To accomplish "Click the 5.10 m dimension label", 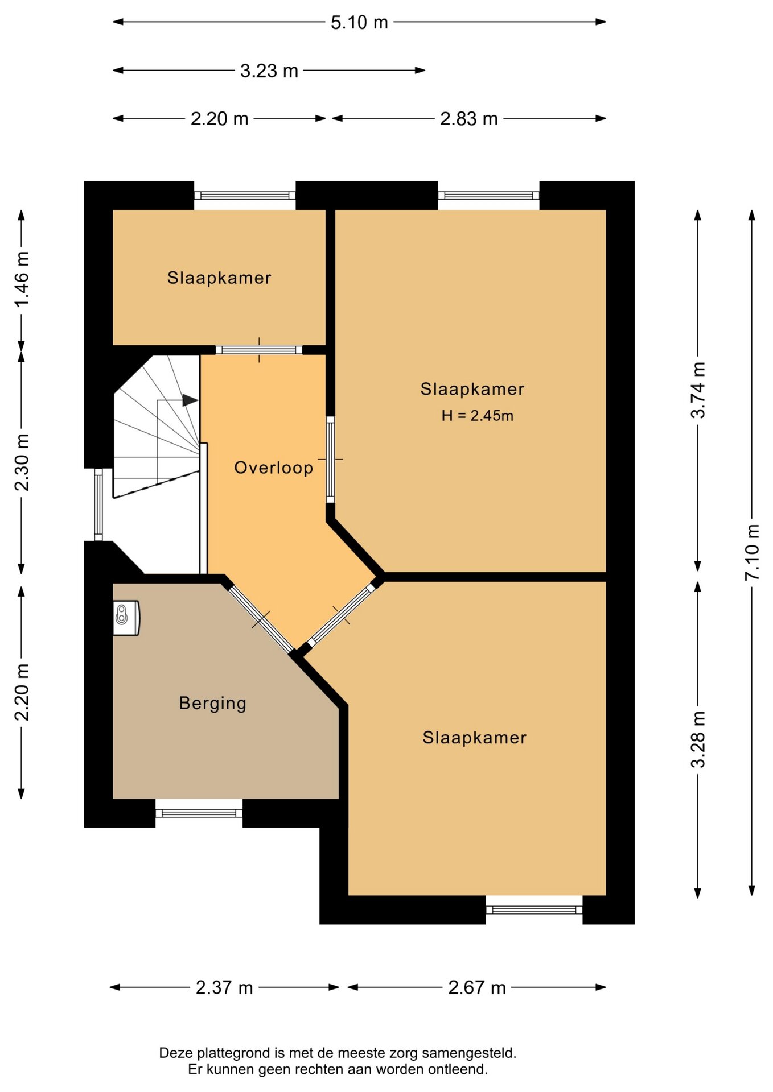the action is tap(359, 22).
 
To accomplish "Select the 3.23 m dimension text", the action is tap(269, 71).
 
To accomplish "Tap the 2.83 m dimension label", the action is tap(469, 118).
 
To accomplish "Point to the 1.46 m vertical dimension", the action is tap(22, 279).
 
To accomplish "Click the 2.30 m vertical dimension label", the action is tap(22, 462).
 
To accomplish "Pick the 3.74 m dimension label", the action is tap(698, 390).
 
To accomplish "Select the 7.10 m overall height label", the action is tap(752, 552).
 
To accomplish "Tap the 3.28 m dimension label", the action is tap(698, 739).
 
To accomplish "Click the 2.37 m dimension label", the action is tap(224, 987).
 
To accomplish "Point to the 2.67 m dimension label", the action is tap(477, 987).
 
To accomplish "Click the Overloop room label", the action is tap(274, 468).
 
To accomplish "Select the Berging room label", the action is tap(213, 703).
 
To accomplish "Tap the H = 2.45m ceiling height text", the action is tap(478, 416).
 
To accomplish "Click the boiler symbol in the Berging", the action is tap(126, 618).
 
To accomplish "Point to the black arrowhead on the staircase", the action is tap(190, 400).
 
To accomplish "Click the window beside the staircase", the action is tap(98, 504).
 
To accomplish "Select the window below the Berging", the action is tap(199, 813).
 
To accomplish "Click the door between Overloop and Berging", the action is tap(261, 619).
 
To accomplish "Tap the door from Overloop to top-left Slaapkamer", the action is tap(259, 350).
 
